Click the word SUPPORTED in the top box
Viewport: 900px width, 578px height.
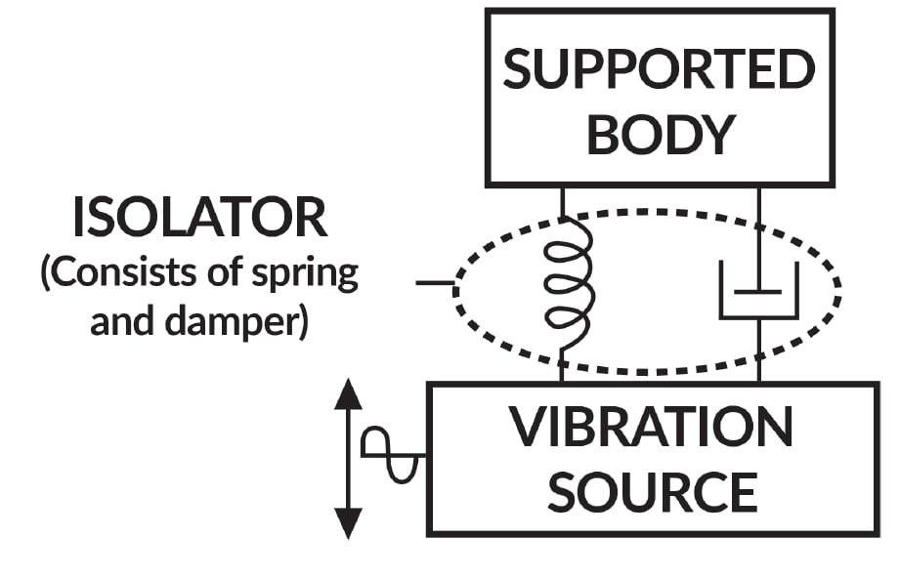pos(659,70)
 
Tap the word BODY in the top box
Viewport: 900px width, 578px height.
pos(659,134)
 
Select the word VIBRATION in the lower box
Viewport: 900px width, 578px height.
pos(652,427)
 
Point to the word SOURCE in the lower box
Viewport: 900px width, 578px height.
pos(652,491)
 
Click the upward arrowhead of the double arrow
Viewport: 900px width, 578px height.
pos(348,394)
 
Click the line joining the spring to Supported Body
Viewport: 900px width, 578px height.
pos(563,202)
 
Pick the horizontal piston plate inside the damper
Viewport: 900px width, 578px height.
pos(759,291)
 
